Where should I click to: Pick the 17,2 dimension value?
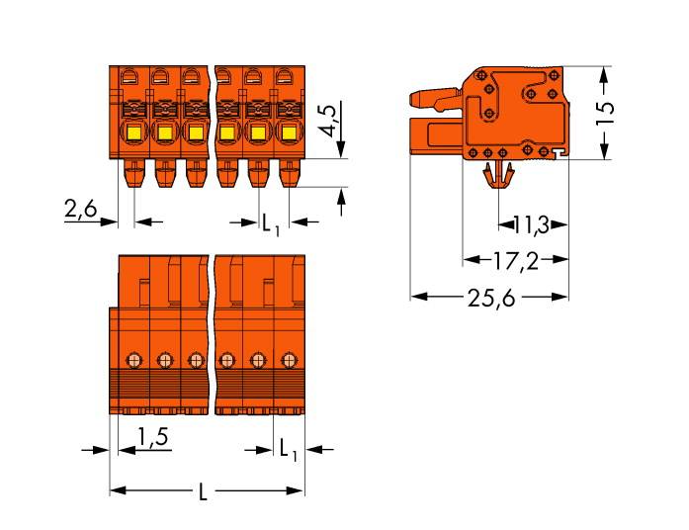(515, 261)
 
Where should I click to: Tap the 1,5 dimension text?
(150, 436)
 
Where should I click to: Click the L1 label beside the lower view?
(288, 452)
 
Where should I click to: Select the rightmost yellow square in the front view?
(288, 133)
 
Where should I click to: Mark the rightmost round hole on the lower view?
(288, 358)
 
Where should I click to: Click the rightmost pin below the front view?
(289, 176)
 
